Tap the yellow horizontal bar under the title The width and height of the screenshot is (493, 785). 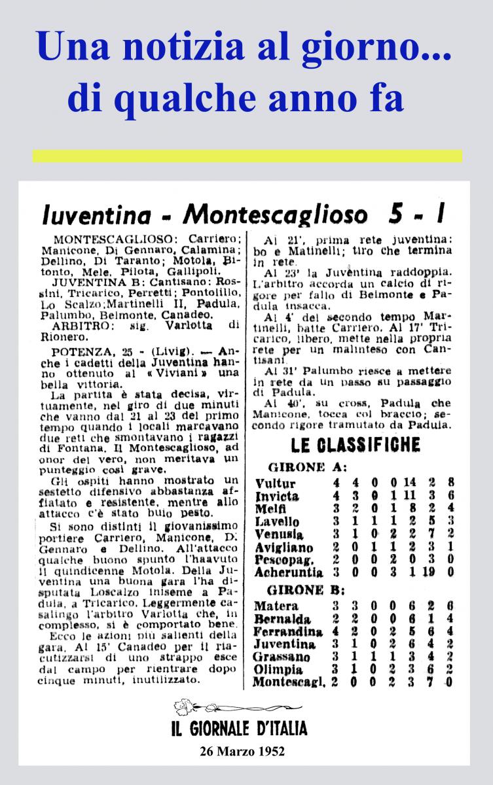click(x=247, y=156)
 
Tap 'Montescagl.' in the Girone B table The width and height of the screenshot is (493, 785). click(x=287, y=682)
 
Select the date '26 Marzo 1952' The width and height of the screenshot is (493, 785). click(x=242, y=751)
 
